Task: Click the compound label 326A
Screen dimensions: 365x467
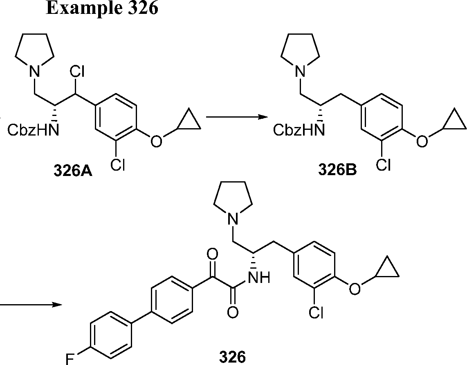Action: click(72, 170)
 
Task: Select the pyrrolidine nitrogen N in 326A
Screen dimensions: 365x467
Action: click(36, 73)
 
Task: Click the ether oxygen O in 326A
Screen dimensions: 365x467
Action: click(155, 141)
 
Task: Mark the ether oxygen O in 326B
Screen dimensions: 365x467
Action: click(421, 141)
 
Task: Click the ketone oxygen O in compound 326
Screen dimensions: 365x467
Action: click(212, 254)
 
